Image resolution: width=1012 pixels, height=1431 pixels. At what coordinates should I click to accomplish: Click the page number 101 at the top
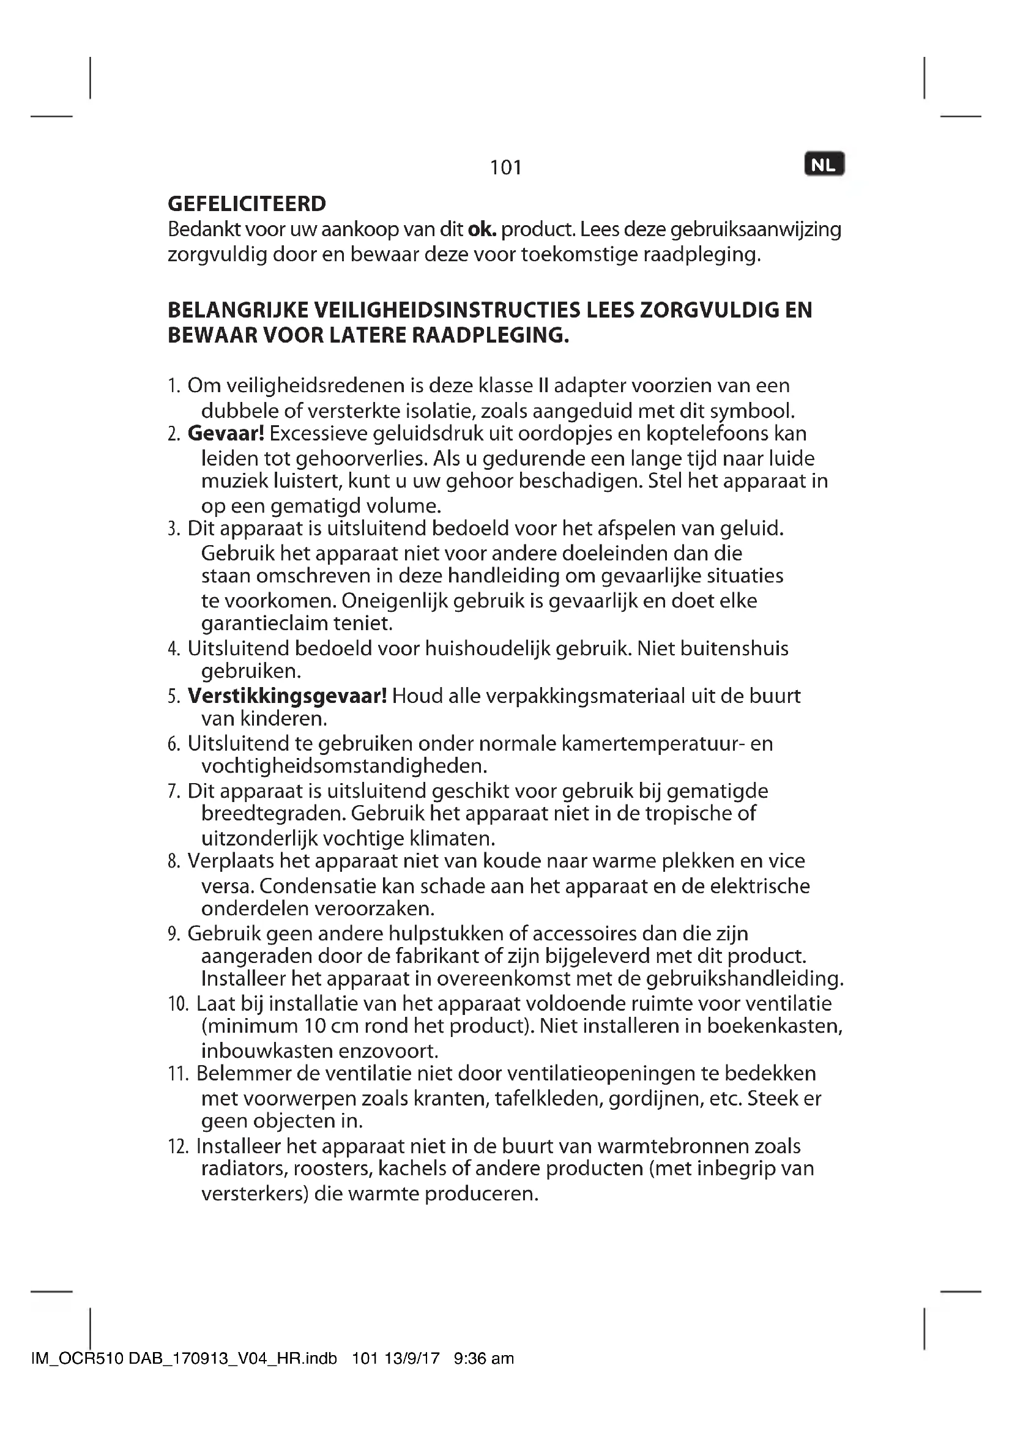click(505, 167)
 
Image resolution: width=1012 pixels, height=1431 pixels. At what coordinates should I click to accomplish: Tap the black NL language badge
click(824, 165)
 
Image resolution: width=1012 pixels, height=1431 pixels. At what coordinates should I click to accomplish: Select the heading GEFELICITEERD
click(247, 204)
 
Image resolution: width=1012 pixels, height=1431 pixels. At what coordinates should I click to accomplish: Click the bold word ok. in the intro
click(482, 229)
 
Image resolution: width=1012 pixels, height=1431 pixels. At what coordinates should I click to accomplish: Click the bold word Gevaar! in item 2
click(226, 433)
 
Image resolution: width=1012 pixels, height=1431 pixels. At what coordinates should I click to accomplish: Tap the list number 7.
click(173, 792)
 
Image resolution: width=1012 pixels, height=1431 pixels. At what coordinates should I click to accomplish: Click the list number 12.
click(177, 1146)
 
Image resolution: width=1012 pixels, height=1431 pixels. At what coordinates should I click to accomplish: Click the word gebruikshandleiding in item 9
click(745, 978)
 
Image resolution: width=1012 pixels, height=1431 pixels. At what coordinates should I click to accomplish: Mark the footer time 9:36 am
click(484, 1358)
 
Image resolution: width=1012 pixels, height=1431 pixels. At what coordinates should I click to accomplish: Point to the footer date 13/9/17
click(412, 1358)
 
